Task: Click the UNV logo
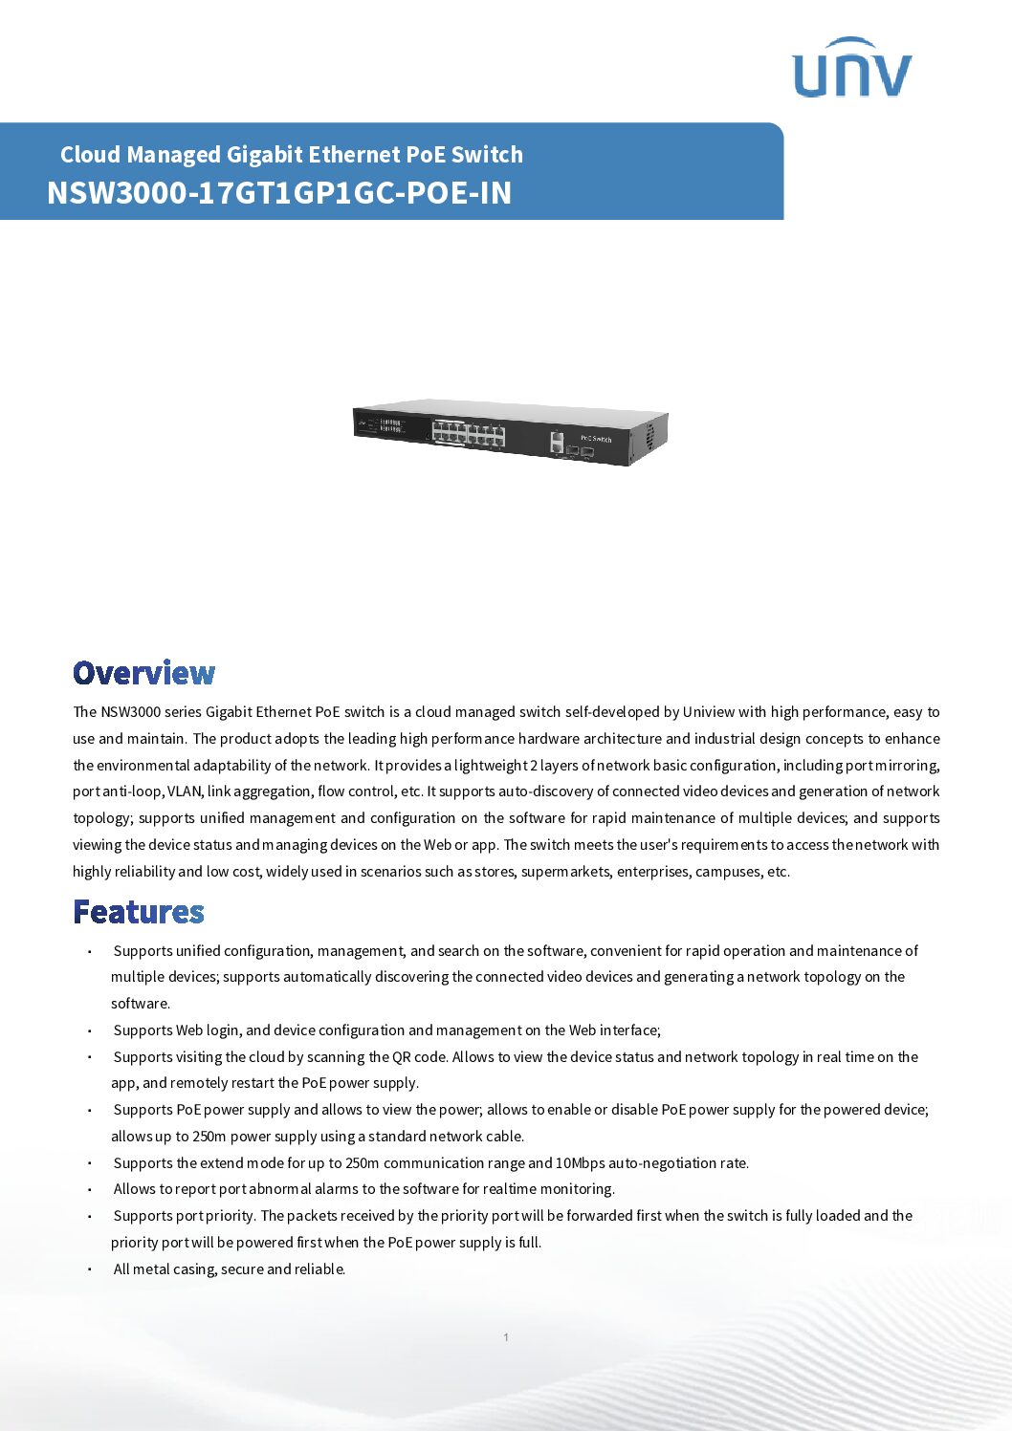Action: point(851,69)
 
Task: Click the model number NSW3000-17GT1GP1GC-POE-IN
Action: point(279,193)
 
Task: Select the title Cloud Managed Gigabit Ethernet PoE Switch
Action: point(292,155)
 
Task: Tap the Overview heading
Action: point(144,673)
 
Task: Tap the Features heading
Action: point(139,912)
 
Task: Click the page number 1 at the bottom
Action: point(506,1337)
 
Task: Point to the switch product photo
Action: point(510,433)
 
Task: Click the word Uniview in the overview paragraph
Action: point(708,712)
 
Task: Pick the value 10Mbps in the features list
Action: point(580,1163)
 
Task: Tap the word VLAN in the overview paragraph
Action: point(185,791)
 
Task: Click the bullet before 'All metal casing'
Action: point(89,1269)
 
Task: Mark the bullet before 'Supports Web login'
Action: point(89,1030)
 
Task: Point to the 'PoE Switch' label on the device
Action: point(596,439)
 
